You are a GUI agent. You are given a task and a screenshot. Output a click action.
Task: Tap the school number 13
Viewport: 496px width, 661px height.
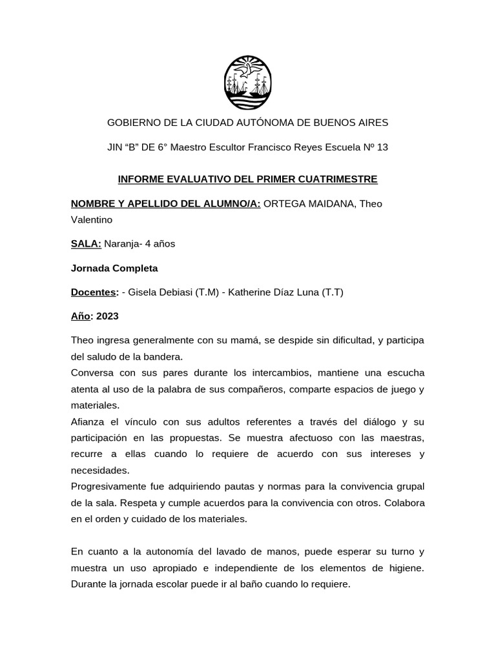click(382, 147)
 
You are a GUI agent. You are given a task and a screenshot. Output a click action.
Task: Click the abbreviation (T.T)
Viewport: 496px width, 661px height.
click(331, 292)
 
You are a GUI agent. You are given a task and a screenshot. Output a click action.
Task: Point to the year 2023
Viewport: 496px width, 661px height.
click(108, 317)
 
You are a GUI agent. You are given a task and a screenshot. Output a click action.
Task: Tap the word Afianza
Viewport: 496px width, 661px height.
click(89, 422)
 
